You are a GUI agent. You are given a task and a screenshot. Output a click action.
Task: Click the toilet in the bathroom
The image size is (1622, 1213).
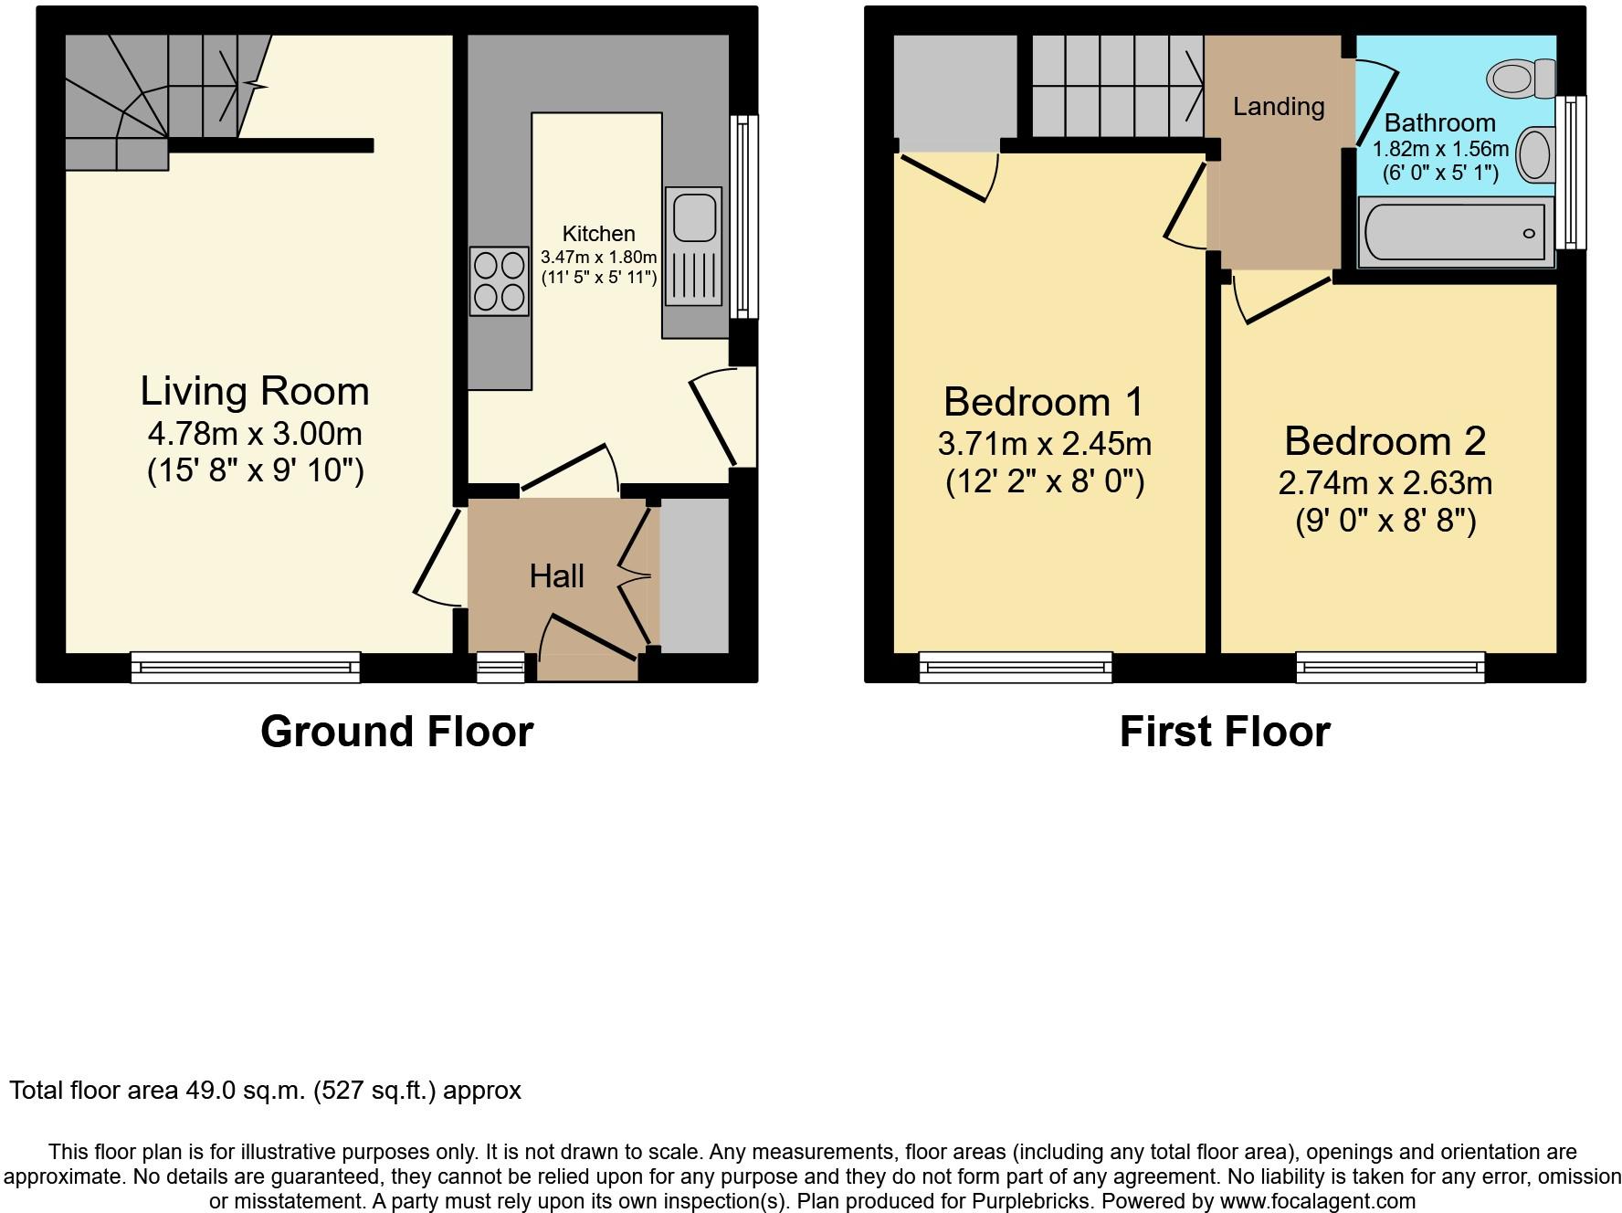(x=1522, y=78)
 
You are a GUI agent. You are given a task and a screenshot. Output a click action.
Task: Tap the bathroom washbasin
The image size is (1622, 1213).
(x=1535, y=154)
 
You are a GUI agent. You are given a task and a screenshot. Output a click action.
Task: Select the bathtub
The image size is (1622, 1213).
(x=1456, y=233)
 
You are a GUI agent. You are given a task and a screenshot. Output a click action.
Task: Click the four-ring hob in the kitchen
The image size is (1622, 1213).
(x=500, y=281)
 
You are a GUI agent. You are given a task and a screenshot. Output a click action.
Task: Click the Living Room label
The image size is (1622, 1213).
(x=255, y=391)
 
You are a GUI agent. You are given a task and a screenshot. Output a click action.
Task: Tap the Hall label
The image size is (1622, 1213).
(x=557, y=576)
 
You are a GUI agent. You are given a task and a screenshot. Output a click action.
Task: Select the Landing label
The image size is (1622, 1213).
(x=1279, y=107)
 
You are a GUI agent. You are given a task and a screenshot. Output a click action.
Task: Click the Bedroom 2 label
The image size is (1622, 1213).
(x=1385, y=441)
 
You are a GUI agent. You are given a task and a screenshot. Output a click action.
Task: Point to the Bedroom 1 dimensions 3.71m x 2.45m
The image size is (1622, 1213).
(x=1045, y=444)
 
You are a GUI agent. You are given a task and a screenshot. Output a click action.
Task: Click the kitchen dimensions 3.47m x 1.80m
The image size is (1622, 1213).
(x=599, y=258)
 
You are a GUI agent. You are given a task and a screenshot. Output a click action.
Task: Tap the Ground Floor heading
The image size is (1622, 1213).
(x=397, y=732)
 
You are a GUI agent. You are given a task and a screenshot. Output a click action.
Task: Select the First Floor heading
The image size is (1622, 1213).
(x=1226, y=733)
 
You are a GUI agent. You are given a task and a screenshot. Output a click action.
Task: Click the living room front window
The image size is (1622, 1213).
(x=246, y=668)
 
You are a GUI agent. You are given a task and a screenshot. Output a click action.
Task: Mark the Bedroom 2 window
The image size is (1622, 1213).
(x=1391, y=668)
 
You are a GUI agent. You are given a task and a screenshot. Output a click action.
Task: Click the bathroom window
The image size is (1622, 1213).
(x=1571, y=172)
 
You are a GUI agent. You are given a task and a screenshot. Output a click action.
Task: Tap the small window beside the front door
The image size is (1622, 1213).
(x=501, y=668)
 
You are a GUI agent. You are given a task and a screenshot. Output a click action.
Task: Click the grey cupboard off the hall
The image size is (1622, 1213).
(x=694, y=576)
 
